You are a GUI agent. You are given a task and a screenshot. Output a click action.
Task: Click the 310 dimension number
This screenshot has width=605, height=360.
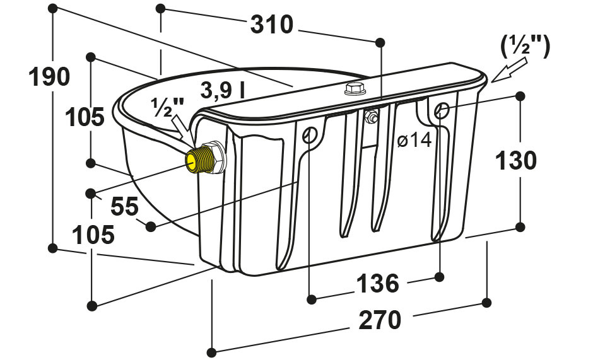(272, 25)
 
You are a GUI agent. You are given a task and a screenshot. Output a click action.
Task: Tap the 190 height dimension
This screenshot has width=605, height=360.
(49, 76)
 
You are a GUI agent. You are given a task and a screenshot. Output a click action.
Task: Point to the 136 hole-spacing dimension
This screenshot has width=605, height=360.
(377, 283)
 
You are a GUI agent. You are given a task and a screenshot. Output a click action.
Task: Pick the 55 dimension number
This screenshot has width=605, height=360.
(125, 206)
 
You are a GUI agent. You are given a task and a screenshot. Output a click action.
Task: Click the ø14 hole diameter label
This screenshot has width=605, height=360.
(414, 141)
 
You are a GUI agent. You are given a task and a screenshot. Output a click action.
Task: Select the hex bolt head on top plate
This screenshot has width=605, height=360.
(355, 89)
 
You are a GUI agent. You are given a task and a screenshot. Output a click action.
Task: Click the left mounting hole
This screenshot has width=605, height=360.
(310, 134)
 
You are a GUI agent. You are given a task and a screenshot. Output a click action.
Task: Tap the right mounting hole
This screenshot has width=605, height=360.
(441, 110)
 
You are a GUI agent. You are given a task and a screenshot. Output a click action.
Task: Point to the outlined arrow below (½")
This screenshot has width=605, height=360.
(509, 70)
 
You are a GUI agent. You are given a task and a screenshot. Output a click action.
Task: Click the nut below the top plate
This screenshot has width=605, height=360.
(371, 117)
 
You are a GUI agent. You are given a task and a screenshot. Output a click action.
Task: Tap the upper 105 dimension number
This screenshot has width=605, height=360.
(85, 117)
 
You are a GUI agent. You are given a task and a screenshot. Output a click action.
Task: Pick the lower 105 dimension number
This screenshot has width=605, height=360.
(94, 235)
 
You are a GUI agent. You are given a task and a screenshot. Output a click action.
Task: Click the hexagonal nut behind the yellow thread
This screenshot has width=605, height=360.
(216, 157)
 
